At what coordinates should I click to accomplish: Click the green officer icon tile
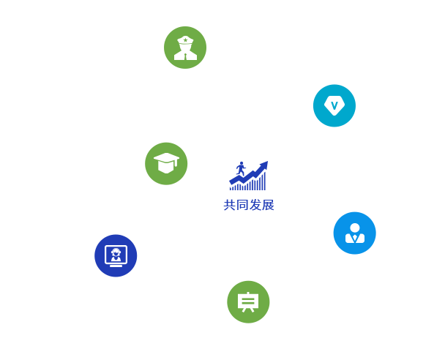[x=185, y=48]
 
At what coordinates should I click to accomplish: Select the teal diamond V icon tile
[x=334, y=105]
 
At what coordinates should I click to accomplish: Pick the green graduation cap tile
[x=166, y=163]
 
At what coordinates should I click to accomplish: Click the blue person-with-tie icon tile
[x=354, y=233]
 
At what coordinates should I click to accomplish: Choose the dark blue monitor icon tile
[x=116, y=255]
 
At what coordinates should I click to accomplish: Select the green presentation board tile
[x=248, y=301]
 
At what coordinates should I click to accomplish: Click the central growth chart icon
[x=248, y=176]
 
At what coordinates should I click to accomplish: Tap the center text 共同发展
[x=249, y=205]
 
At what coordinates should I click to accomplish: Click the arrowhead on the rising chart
[x=263, y=165]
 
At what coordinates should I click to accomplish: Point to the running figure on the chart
[x=241, y=169]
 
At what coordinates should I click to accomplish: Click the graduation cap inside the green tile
[x=166, y=162]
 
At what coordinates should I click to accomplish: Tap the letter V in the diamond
[x=334, y=105]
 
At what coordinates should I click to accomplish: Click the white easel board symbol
[x=248, y=301]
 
